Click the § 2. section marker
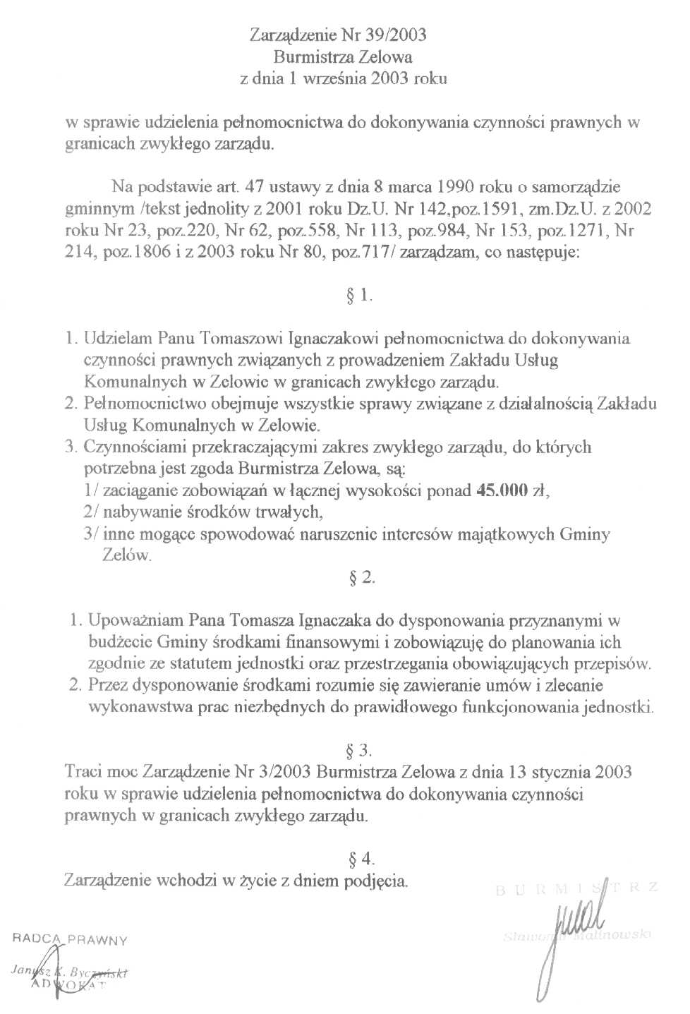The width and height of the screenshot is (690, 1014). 362,578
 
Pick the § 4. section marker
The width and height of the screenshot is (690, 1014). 362,859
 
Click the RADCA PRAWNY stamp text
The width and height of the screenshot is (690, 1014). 70,939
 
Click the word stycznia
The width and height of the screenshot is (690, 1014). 561,772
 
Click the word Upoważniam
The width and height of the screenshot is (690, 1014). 135,621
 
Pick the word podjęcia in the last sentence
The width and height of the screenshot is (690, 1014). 375,881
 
